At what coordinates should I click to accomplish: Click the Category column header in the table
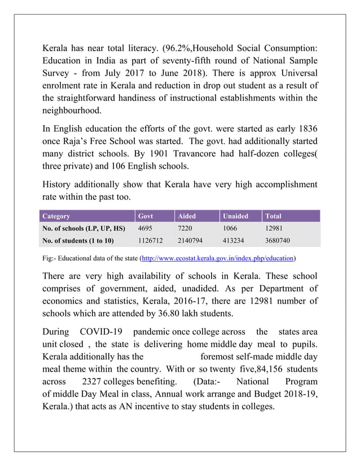[x=56, y=216]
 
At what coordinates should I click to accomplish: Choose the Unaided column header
[x=235, y=216]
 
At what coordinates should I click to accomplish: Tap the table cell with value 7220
[x=186, y=228]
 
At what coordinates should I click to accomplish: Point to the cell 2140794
[x=191, y=241]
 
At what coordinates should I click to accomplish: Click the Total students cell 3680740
[x=277, y=241]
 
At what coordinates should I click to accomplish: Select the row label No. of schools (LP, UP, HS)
[x=83, y=228]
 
